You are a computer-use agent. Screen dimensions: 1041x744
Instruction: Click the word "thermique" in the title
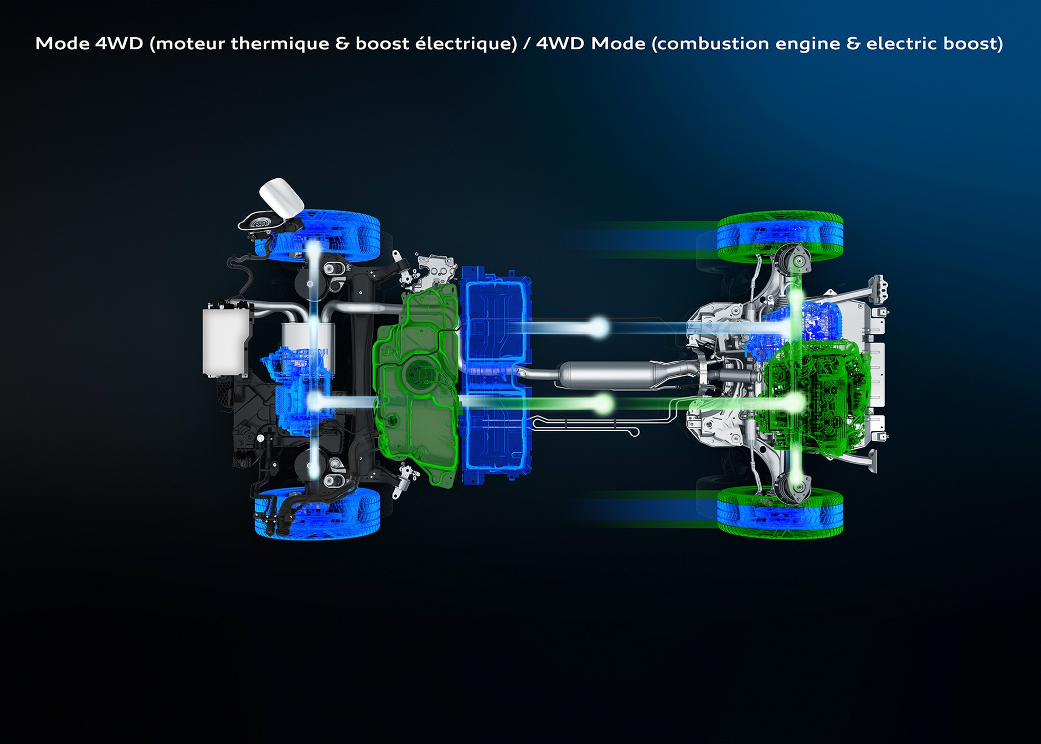tap(280, 44)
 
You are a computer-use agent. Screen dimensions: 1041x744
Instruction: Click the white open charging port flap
tap(281, 197)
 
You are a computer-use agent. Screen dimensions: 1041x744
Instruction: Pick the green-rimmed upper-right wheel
tap(780, 237)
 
